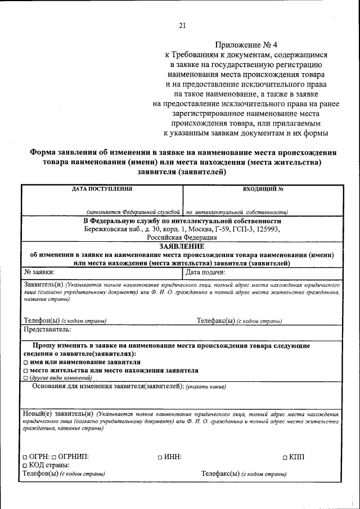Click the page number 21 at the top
182,25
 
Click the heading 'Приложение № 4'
246,45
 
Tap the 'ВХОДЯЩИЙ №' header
263,190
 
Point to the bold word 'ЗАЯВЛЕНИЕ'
181,246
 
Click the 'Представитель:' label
47,329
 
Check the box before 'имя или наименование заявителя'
26,363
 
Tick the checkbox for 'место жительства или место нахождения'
26,372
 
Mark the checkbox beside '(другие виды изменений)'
26,379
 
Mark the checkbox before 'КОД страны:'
26,466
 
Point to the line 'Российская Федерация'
181,238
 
